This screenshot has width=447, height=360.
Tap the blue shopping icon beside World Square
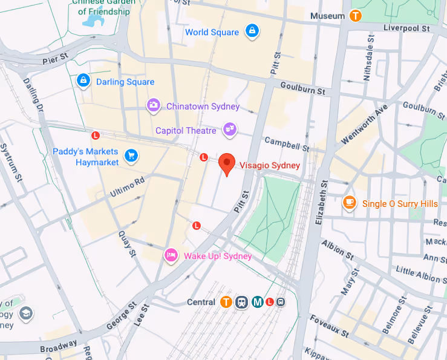pos(252,31)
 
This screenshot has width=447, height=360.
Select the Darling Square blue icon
pos(83,80)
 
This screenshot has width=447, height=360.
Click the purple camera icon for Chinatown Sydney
pos(154,106)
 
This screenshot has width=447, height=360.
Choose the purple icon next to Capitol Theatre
pos(229,129)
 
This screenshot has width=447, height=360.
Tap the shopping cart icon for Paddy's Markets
pos(130,156)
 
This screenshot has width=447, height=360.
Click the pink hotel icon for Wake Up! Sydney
pos(171,255)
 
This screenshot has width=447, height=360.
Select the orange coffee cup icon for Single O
pos(349,203)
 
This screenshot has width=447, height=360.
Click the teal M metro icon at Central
pos(257,302)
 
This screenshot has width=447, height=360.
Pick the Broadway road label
pos(59,348)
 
